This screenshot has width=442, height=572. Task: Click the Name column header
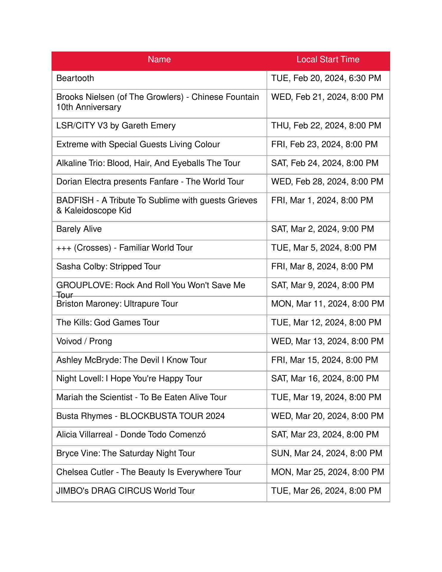[159, 60]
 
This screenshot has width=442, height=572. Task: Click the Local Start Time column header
[328, 60]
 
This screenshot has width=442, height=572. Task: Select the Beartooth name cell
[75, 78]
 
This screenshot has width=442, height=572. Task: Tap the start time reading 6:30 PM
[326, 78]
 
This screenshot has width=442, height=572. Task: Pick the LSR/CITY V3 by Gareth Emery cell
[116, 126]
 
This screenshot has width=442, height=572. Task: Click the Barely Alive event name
[79, 229]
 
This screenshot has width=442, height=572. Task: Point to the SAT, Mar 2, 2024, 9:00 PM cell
[323, 229]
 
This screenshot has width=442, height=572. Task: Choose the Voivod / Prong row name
[84, 341]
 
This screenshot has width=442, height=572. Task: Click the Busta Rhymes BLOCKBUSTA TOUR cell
[141, 416]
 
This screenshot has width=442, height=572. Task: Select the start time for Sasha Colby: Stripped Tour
[322, 267]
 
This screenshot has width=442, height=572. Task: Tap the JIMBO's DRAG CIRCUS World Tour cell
[125, 491]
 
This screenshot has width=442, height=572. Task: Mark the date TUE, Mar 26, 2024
[326, 491]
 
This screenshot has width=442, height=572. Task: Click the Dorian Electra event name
[150, 182]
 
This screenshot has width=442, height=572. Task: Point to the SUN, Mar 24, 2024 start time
[327, 453]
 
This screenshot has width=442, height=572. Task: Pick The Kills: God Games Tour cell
[108, 323]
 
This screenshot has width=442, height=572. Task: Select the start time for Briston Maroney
[328, 304]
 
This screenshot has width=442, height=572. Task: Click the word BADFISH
[75, 200]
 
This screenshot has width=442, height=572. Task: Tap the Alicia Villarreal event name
[131, 435]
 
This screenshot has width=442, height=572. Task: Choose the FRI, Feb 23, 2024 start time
[324, 144]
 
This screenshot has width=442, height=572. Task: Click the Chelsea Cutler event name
[149, 472]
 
